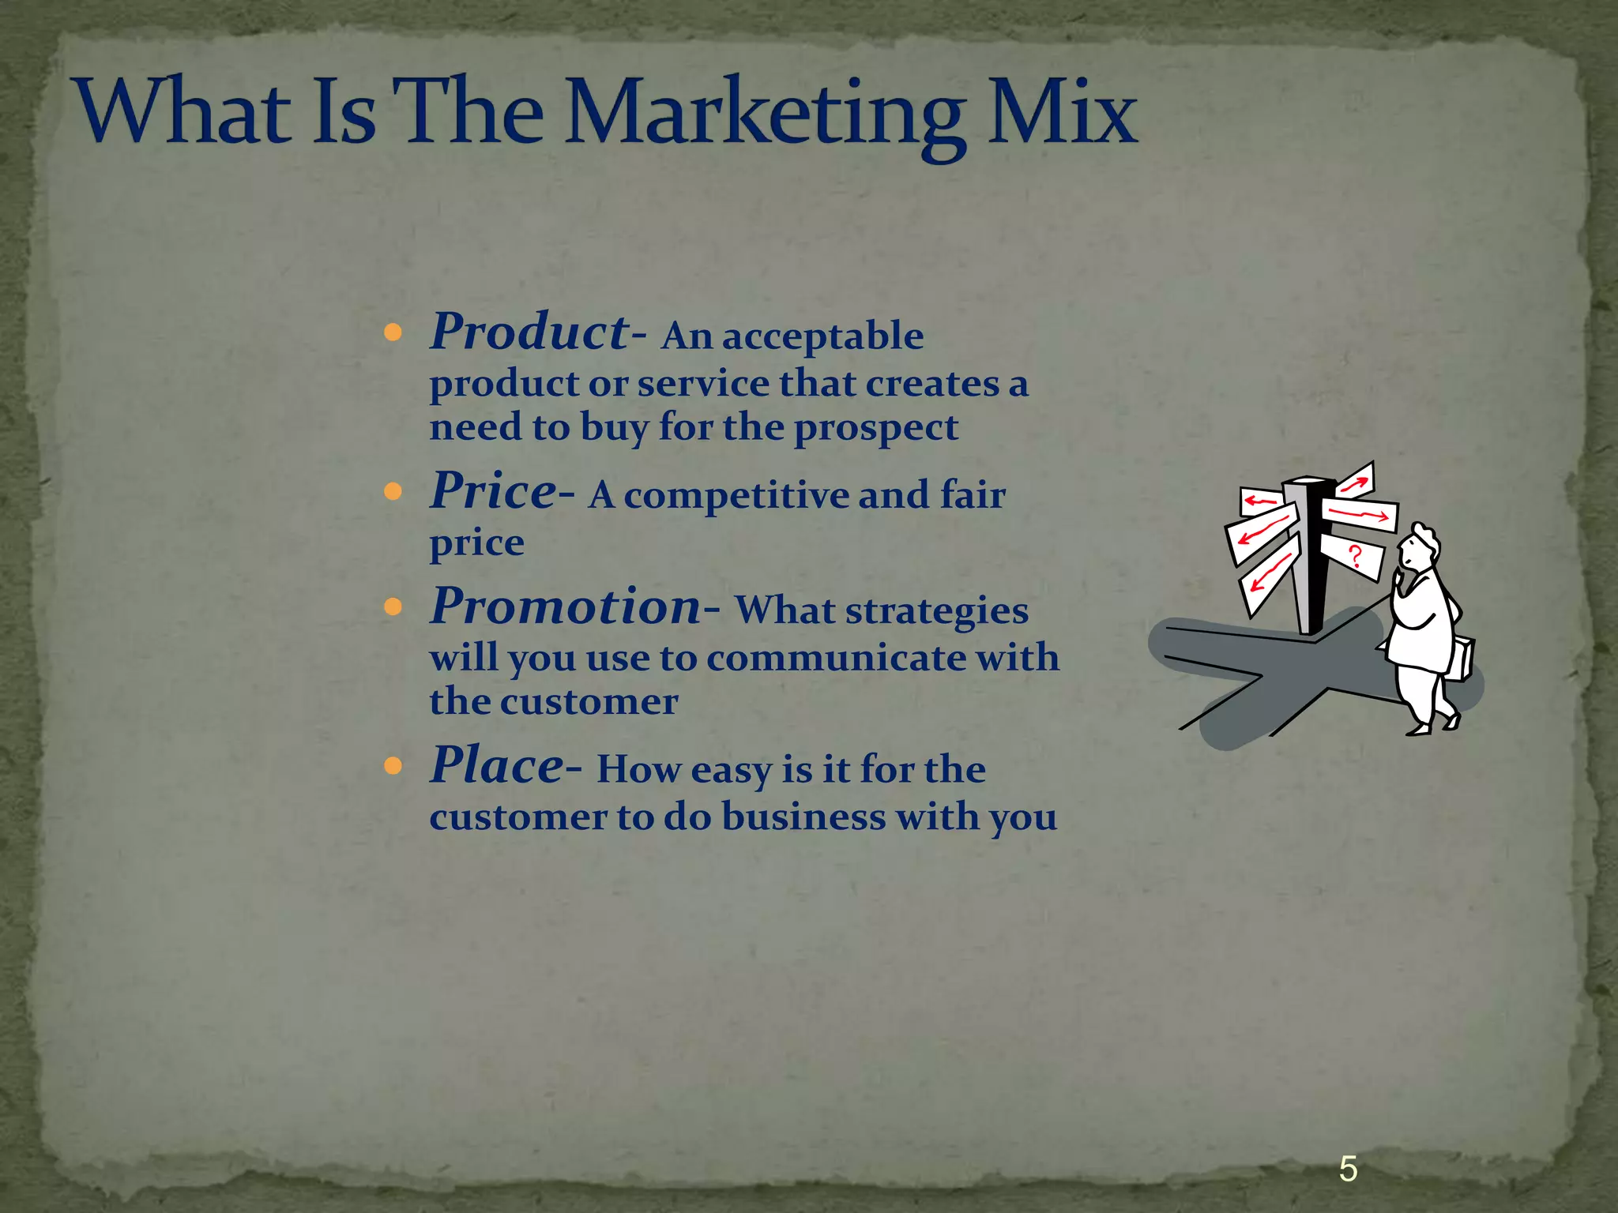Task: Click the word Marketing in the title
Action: (765, 115)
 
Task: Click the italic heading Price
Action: (494, 490)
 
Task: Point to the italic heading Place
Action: (497, 765)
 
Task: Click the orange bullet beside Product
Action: (393, 332)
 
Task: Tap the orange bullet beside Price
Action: (393, 492)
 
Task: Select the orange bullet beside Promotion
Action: (393, 607)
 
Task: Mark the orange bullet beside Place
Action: (393, 766)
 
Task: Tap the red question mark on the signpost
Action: (1355, 555)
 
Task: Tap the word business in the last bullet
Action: (803, 817)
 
